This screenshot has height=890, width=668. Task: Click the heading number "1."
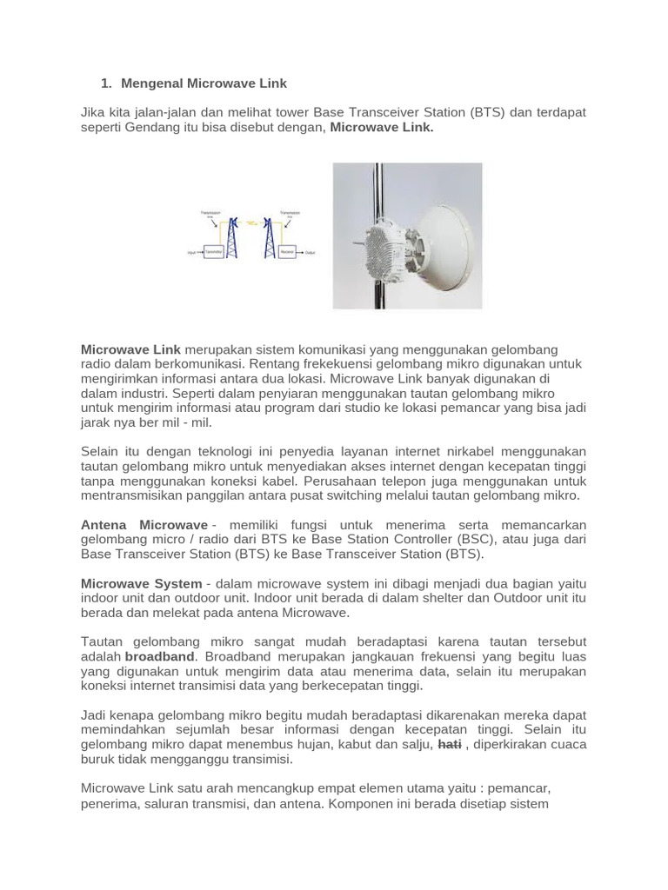tap(107, 83)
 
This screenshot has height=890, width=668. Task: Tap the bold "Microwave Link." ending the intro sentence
tap(382, 128)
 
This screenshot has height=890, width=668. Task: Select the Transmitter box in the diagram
tap(214, 253)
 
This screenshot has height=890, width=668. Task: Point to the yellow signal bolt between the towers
tap(250, 222)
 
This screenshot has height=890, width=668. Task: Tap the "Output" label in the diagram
tap(310, 253)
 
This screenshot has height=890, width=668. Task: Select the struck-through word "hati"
tap(449, 745)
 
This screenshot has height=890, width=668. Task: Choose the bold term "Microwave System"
tap(141, 583)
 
